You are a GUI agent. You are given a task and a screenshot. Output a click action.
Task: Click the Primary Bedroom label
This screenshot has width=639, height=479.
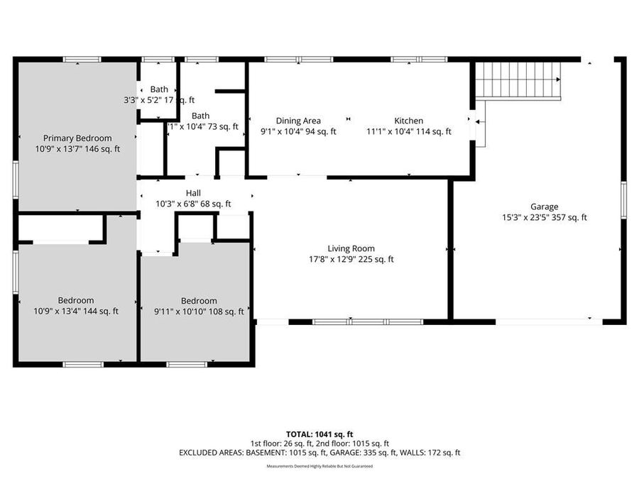(77, 138)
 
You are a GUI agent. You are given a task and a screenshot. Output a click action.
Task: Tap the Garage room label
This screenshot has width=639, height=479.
(544, 207)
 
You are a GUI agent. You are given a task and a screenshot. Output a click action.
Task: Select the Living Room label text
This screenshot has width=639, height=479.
(351, 248)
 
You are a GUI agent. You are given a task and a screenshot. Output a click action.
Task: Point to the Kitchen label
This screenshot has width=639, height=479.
(408, 121)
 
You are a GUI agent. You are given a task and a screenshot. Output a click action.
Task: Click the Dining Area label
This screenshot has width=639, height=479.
(298, 121)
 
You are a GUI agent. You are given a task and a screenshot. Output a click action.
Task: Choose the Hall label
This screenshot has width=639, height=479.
(193, 193)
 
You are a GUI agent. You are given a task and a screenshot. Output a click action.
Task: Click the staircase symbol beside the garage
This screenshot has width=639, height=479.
(519, 79)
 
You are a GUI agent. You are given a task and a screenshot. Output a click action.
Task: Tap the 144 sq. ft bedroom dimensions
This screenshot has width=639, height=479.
(77, 311)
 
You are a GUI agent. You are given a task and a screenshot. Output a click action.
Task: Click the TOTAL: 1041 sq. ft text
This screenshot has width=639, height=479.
(319, 433)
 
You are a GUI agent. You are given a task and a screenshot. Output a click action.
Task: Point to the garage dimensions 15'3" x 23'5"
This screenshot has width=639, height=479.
(544, 218)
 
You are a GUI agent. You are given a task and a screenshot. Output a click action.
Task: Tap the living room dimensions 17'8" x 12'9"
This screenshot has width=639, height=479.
(351, 259)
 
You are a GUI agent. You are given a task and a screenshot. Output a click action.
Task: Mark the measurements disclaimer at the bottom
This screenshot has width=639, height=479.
(319, 466)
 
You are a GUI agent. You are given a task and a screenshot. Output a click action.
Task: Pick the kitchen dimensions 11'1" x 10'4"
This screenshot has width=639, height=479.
(408, 131)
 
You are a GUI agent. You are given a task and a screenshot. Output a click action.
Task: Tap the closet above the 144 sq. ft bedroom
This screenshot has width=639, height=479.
(60, 228)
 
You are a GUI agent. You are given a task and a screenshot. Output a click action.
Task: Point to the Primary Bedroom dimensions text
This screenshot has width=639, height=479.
(77, 149)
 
